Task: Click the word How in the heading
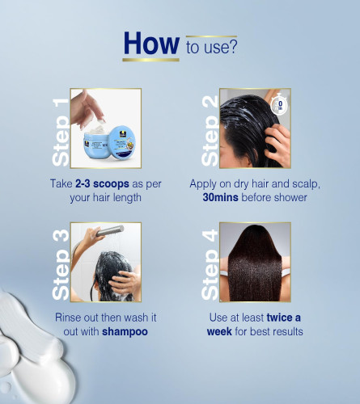[151, 44]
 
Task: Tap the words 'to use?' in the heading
[212, 47]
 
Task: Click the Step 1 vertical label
[61, 133]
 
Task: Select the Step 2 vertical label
[210, 131]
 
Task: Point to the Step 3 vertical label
[61, 265]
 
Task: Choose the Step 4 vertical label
[210, 265]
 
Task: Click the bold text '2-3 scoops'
[102, 184]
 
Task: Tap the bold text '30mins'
[220, 197]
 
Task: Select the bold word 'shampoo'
[125, 331]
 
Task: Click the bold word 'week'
[219, 331]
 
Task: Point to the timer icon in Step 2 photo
[279, 104]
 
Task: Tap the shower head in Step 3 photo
[110, 231]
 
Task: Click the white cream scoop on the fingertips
[100, 122]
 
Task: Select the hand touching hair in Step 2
[277, 144]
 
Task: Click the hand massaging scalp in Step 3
[125, 282]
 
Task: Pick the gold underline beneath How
[150, 60]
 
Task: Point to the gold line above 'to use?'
[211, 36]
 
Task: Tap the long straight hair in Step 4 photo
[254, 265]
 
